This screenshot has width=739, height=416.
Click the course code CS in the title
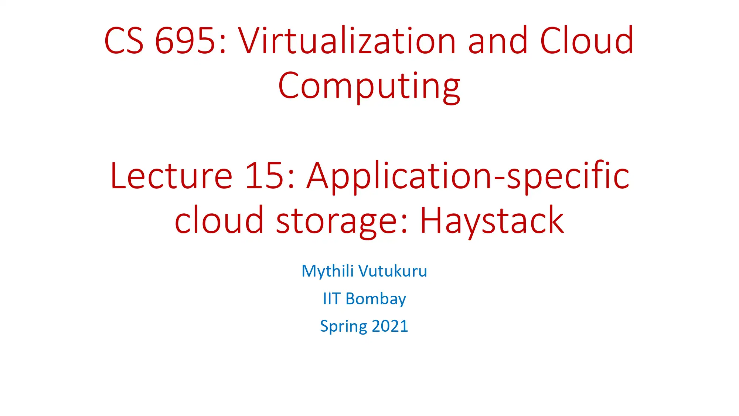coord(124,41)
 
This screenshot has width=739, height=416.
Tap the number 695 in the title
coord(185,41)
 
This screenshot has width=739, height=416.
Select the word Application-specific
coord(468,177)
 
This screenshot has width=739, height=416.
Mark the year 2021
coord(390,326)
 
